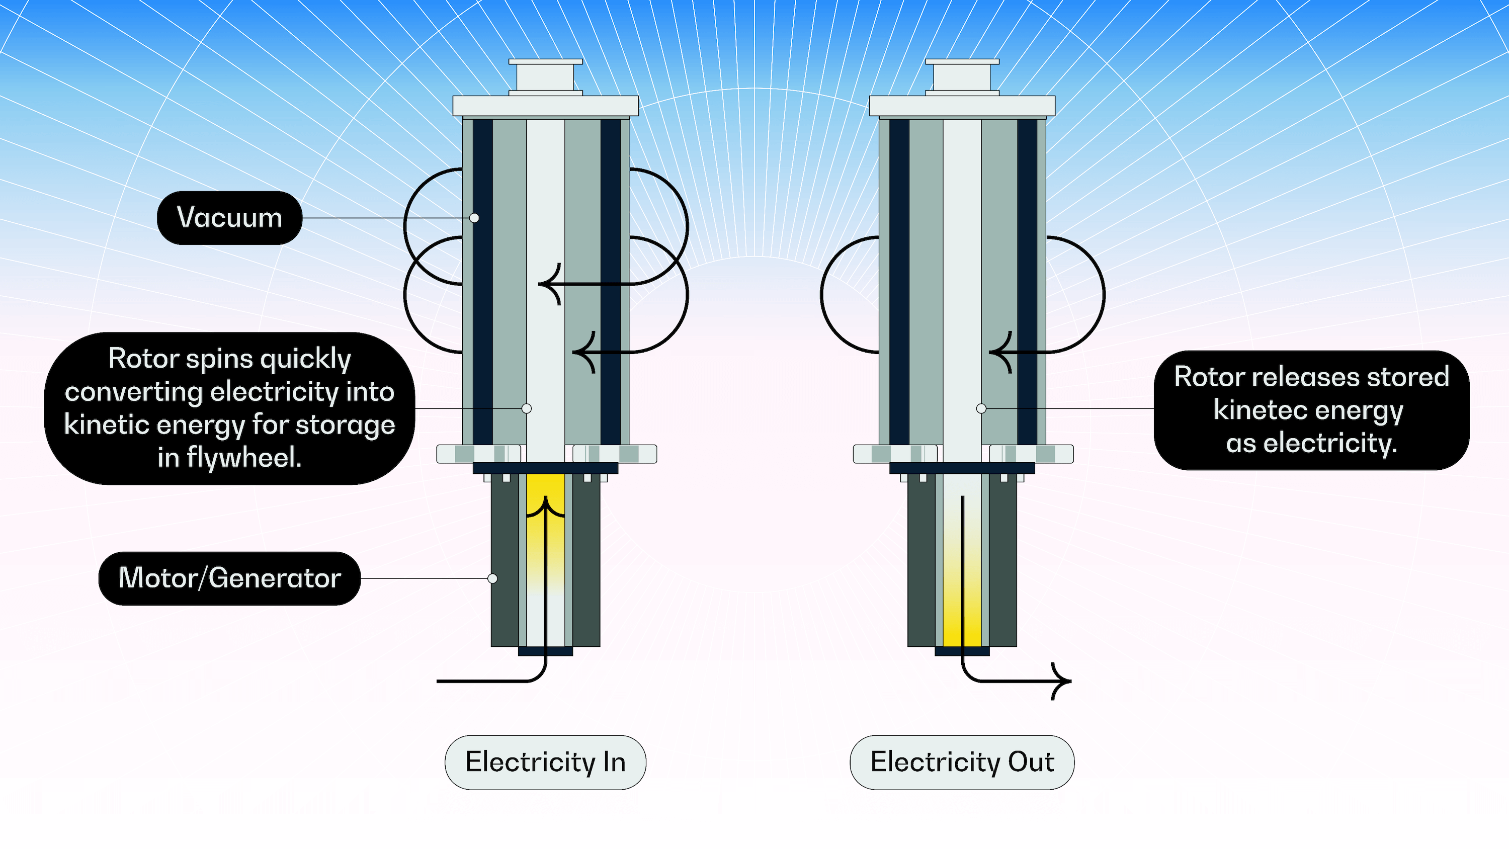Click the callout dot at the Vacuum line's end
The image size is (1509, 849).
474,218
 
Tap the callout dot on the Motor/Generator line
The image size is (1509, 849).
492,578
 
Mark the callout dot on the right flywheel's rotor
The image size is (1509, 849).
981,408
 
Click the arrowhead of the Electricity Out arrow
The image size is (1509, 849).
1066,681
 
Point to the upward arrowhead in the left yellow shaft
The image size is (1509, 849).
545,504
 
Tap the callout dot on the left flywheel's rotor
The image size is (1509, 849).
527,408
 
